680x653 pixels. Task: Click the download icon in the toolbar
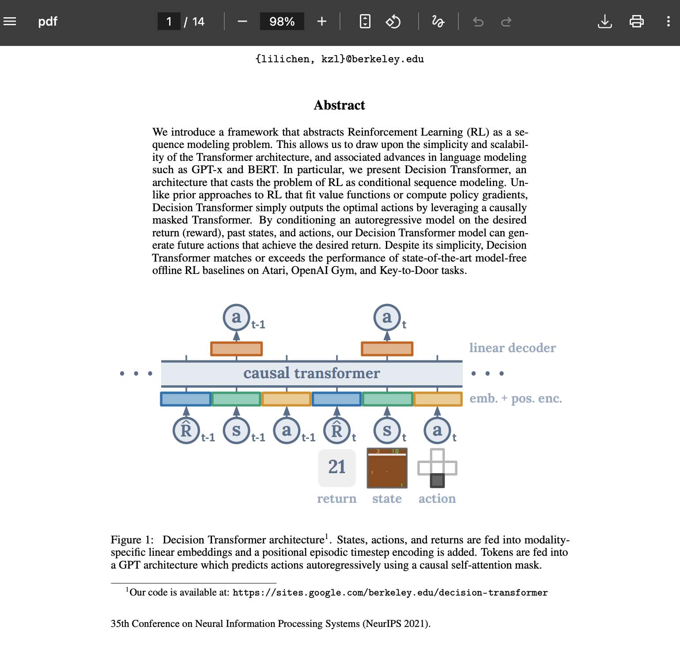click(x=604, y=22)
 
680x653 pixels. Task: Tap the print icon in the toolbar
click(x=636, y=22)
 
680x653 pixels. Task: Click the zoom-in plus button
click(x=322, y=22)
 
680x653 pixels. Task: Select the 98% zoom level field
click(x=282, y=22)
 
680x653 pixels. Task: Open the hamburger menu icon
click(x=10, y=22)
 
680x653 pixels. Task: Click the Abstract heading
click(x=339, y=105)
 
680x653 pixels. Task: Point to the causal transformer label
click(x=311, y=373)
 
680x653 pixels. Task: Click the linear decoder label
click(x=512, y=348)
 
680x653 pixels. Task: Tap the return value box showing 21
click(x=336, y=467)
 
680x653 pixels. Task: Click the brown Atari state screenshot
click(x=387, y=468)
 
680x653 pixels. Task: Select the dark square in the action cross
click(x=437, y=480)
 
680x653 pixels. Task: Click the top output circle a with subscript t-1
click(x=237, y=317)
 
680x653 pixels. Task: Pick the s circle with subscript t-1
click(x=237, y=430)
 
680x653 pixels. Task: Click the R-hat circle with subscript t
click(x=337, y=430)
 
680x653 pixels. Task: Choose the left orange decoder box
click(x=237, y=349)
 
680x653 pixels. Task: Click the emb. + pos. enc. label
click(x=515, y=399)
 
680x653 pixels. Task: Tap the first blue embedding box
click(x=186, y=399)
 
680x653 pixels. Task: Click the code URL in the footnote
click(x=390, y=592)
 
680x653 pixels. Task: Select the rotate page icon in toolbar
click(x=393, y=22)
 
